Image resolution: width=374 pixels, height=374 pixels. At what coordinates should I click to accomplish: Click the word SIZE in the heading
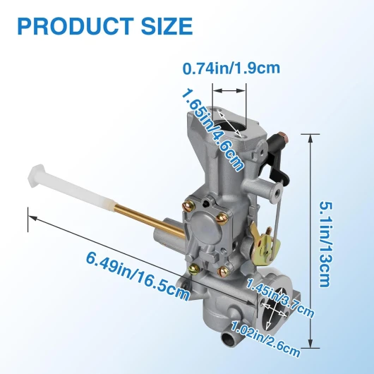click(x=167, y=26)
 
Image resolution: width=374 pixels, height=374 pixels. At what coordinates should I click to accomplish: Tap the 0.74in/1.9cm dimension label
click(x=231, y=68)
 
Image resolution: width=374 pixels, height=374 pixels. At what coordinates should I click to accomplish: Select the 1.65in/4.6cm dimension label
click(x=213, y=130)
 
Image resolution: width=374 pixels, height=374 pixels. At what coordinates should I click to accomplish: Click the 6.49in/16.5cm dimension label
click(x=138, y=276)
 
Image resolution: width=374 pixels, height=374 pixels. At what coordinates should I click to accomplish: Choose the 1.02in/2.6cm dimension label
click(x=265, y=338)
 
